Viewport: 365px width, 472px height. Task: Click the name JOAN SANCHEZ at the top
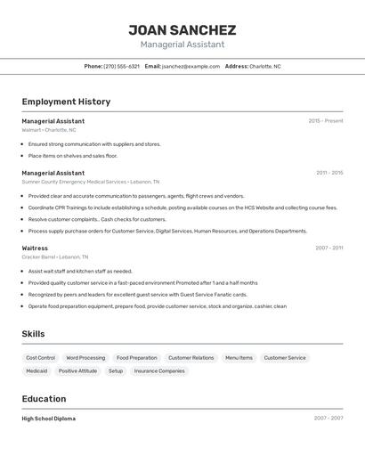point(182,29)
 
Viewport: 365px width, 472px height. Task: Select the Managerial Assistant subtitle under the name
point(182,45)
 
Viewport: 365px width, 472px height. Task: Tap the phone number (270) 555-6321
point(121,66)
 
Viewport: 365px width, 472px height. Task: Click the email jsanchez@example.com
point(191,66)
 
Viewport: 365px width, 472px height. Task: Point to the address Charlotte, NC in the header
point(264,66)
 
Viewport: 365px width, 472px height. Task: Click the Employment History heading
point(66,102)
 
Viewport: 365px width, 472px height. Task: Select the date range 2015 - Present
point(325,121)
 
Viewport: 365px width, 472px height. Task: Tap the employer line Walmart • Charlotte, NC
point(49,130)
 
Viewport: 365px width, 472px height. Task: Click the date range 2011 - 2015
point(328,173)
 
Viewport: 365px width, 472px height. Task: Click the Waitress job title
point(35,248)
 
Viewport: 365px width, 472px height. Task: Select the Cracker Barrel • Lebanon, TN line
point(55,257)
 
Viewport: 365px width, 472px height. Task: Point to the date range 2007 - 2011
point(328,248)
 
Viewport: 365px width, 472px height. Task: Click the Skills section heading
point(33,334)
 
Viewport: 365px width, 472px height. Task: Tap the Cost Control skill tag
point(40,358)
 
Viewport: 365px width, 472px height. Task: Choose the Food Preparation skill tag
point(136,358)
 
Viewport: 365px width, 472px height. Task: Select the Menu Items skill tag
point(239,358)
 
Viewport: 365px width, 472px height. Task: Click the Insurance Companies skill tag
point(159,371)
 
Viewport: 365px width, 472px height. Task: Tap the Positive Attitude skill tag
point(77,371)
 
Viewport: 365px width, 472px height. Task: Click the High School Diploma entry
point(48,419)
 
